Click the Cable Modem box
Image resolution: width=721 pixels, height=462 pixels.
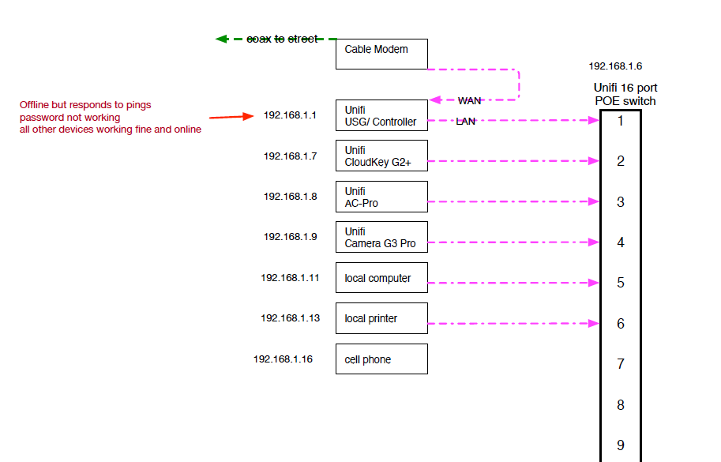tap(381, 54)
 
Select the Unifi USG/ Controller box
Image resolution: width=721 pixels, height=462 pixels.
tap(381, 115)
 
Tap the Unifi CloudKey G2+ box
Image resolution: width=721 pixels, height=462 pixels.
tap(381, 156)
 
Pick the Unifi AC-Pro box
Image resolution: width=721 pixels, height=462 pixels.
tap(381, 197)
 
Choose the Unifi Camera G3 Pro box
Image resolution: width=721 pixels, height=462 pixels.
tap(381, 237)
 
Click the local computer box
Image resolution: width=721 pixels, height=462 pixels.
tap(381, 278)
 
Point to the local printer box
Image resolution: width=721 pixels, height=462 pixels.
tap(381, 318)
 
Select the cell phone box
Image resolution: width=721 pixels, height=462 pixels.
tap(381, 359)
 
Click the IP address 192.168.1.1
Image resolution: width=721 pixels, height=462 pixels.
tap(290, 115)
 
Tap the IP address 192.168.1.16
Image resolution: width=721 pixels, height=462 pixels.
tap(283, 359)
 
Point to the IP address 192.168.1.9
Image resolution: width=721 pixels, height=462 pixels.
tap(290, 237)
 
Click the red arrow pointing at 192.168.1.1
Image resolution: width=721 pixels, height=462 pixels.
tap(230, 117)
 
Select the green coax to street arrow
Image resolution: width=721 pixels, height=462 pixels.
tap(276, 38)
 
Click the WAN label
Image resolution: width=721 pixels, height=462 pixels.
tap(469, 101)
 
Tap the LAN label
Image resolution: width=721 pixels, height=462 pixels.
tap(466, 122)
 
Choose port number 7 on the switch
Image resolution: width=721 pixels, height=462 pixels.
tap(620, 364)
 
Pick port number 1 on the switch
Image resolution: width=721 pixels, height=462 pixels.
tap(620, 121)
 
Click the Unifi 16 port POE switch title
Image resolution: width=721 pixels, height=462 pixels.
tap(625, 94)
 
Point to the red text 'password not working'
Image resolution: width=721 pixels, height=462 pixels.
tap(70, 118)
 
